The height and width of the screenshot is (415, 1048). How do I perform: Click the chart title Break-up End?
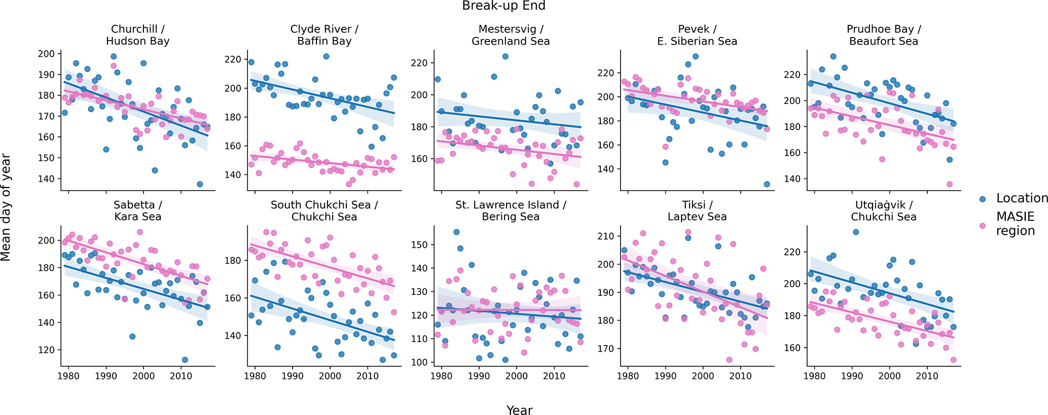[x=503, y=6]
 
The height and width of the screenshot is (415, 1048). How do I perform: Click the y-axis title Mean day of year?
[x=6, y=207]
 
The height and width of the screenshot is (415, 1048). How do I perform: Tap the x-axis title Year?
[x=519, y=410]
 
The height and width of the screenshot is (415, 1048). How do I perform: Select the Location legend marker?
[x=983, y=199]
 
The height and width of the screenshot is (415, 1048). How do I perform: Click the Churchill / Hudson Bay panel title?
[x=137, y=35]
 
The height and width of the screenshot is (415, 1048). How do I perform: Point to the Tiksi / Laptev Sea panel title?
[x=697, y=211]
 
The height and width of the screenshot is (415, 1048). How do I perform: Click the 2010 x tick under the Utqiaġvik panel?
[x=927, y=376]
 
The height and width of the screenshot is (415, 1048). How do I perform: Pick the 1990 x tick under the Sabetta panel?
[x=106, y=376]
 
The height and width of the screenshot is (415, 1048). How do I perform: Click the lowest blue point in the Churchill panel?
[x=200, y=184]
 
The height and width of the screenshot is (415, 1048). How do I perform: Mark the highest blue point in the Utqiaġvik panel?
[x=856, y=232]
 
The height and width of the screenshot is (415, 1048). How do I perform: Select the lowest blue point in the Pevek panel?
[x=767, y=184]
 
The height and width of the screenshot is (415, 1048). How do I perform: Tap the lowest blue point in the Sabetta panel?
[x=185, y=360]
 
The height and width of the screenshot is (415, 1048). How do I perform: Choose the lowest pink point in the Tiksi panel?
[x=729, y=360]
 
